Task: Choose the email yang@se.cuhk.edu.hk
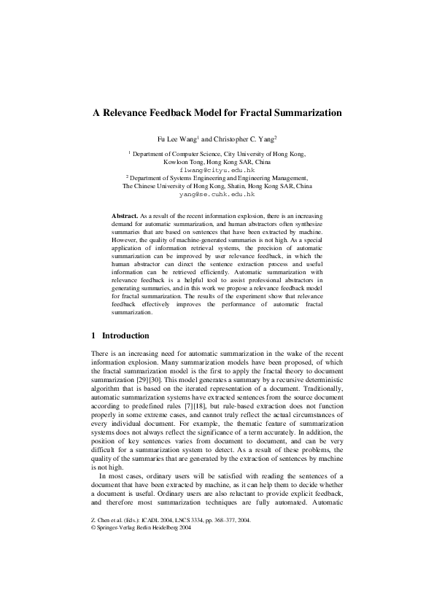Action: (x=217, y=195)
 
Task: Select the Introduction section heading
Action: (x=126, y=336)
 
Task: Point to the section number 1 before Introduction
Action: (x=93, y=336)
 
